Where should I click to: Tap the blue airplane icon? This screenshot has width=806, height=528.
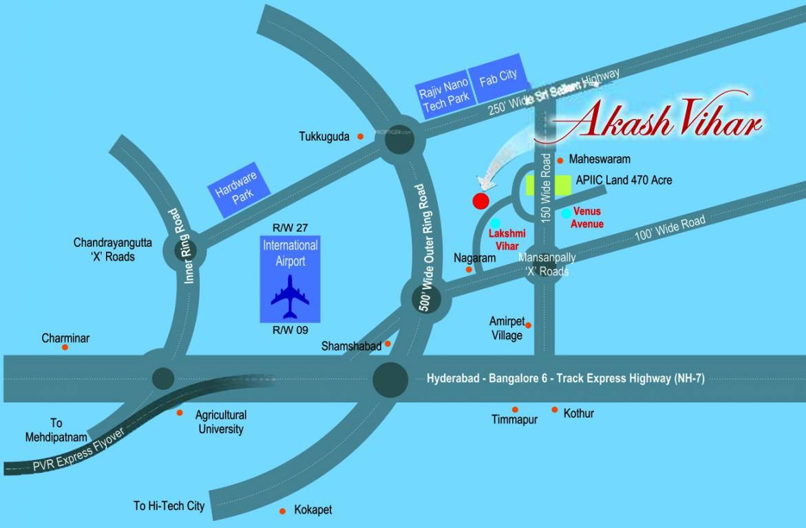(290, 297)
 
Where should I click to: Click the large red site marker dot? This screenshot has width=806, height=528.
(480, 201)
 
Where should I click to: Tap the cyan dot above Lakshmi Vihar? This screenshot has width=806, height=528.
(496, 223)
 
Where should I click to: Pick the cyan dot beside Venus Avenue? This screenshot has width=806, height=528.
(566, 213)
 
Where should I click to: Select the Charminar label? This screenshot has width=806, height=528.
(65, 338)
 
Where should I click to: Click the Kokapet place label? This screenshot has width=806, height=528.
(313, 510)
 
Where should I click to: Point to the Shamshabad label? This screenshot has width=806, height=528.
(351, 346)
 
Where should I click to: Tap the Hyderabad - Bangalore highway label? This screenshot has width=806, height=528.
(565, 378)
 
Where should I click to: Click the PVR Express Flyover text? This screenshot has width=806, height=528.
(79, 452)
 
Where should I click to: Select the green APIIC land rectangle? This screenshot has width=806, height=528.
(549, 185)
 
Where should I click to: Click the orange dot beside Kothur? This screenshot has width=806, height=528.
(554, 410)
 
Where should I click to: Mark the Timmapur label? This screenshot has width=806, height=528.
(514, 419)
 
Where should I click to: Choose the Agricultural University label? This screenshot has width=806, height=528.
(220, 422)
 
